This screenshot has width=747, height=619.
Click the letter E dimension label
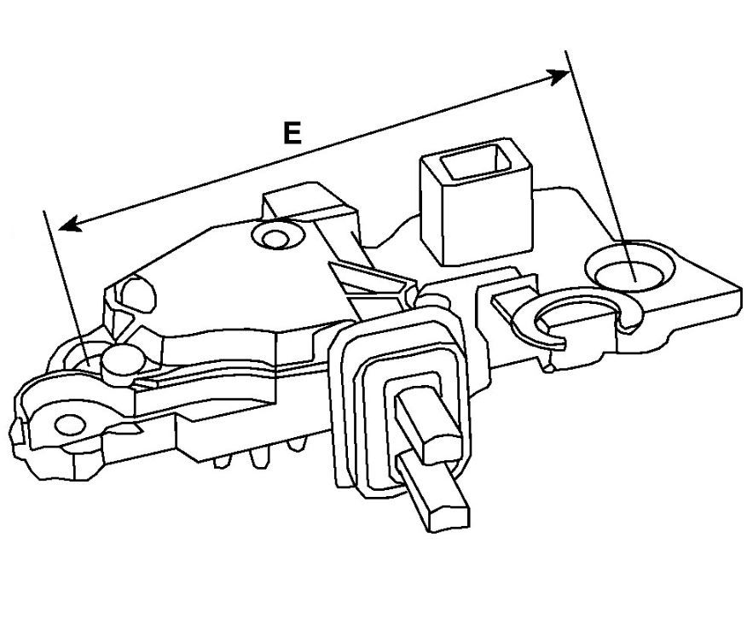[x=292, y=132]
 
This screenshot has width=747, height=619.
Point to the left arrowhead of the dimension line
[x=71, y=224]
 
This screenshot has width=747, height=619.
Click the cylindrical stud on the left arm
[x=124, y=364]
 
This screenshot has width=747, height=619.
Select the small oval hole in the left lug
[x=71, y=424]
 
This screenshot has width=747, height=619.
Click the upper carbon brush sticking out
[x=427, y=423]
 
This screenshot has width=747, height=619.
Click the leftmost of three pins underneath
[x=223, y=461]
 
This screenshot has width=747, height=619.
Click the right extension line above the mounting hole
[x=599, y=165]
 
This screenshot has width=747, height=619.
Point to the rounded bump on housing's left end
[x=138, y=295]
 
